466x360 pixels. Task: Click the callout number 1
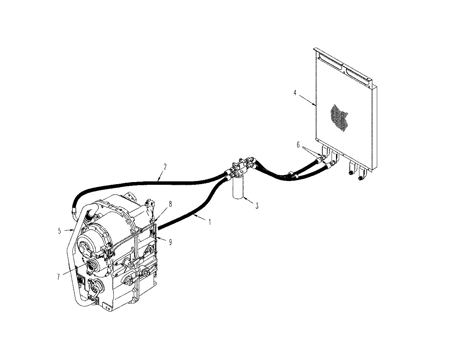click(210, 222)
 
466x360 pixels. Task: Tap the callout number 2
click(165, 167)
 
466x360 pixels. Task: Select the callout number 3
click(257, 206)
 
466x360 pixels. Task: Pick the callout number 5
click(59, 231)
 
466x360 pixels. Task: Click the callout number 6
click(299, 145)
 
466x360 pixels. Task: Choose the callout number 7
click(58, 277)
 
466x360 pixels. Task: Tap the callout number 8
click(170, 204)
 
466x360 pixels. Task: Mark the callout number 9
click(170, 242)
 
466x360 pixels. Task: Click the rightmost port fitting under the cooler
click(360, 178)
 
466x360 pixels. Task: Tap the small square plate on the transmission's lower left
click(81, 281)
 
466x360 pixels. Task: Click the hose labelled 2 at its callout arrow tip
click(158, 180)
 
